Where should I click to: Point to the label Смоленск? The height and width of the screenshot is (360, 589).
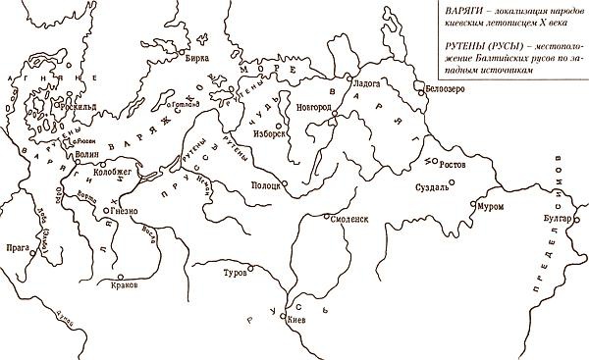click(x=349, y=220)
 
